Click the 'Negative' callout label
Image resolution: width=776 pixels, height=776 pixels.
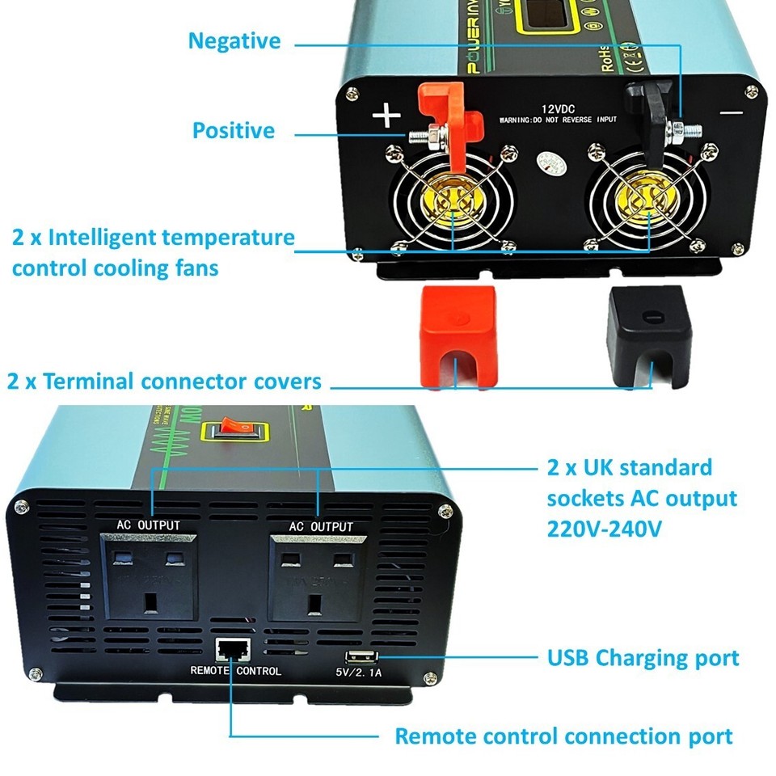[x=234, y=41]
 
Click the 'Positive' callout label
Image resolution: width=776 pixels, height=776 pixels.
[x=234, y=130]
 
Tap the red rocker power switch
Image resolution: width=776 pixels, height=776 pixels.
[x=235, y=430]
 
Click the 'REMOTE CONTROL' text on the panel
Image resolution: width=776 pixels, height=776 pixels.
[x=235, y=671]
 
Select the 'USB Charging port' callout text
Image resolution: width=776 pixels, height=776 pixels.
[x=643, y=658]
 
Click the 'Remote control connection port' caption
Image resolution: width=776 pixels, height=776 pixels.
[x=563, y=736]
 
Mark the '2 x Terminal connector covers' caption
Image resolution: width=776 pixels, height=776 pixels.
[x=164, y=381]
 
